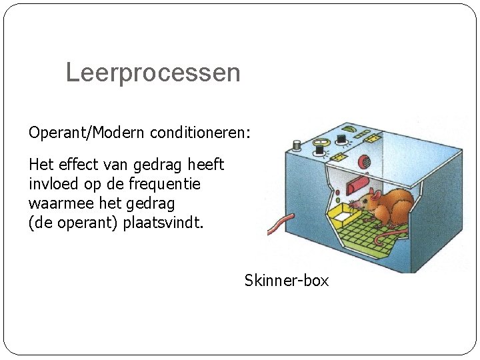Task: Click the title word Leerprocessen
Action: click(153, 73)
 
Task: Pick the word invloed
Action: click(52, 183)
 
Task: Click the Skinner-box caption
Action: click(287, 281)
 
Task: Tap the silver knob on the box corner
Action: click(297, 144)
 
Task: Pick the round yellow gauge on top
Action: click(322, 142)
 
